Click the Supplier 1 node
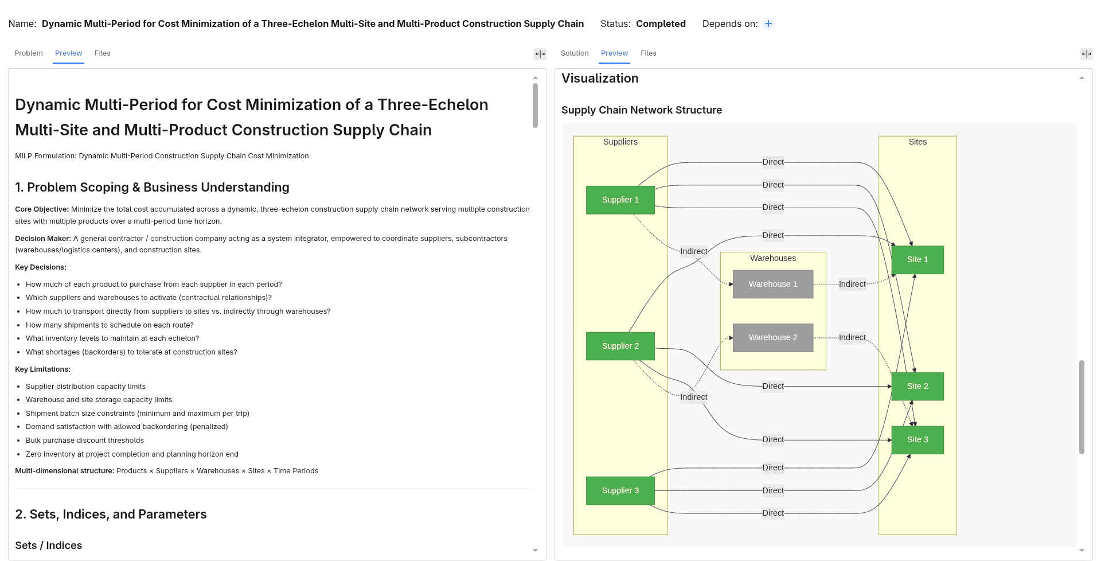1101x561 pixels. [620, 200]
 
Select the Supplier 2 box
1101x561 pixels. [620, 346]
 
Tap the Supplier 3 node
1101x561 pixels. [620, 490]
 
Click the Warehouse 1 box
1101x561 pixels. [772, 284]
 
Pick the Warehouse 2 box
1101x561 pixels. [772, 337]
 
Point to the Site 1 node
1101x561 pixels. [918, 259]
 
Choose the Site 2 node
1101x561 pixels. [918, 386]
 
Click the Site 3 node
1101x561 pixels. [918, 439]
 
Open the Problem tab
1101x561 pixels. [29, 53]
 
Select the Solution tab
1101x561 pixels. [575, 53]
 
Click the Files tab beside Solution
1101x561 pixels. [649, 53]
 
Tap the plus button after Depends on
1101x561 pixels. [768, 24]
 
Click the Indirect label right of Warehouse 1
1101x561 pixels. [852, 284]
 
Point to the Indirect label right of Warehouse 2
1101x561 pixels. [852, 337]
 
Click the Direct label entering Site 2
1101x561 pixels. [773, 386]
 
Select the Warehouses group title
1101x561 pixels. [773, 258]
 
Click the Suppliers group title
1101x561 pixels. [620, 142]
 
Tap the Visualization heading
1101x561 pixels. [600, 78]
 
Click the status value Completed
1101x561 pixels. [661, 24]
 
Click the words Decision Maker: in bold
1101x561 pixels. [43, 239]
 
